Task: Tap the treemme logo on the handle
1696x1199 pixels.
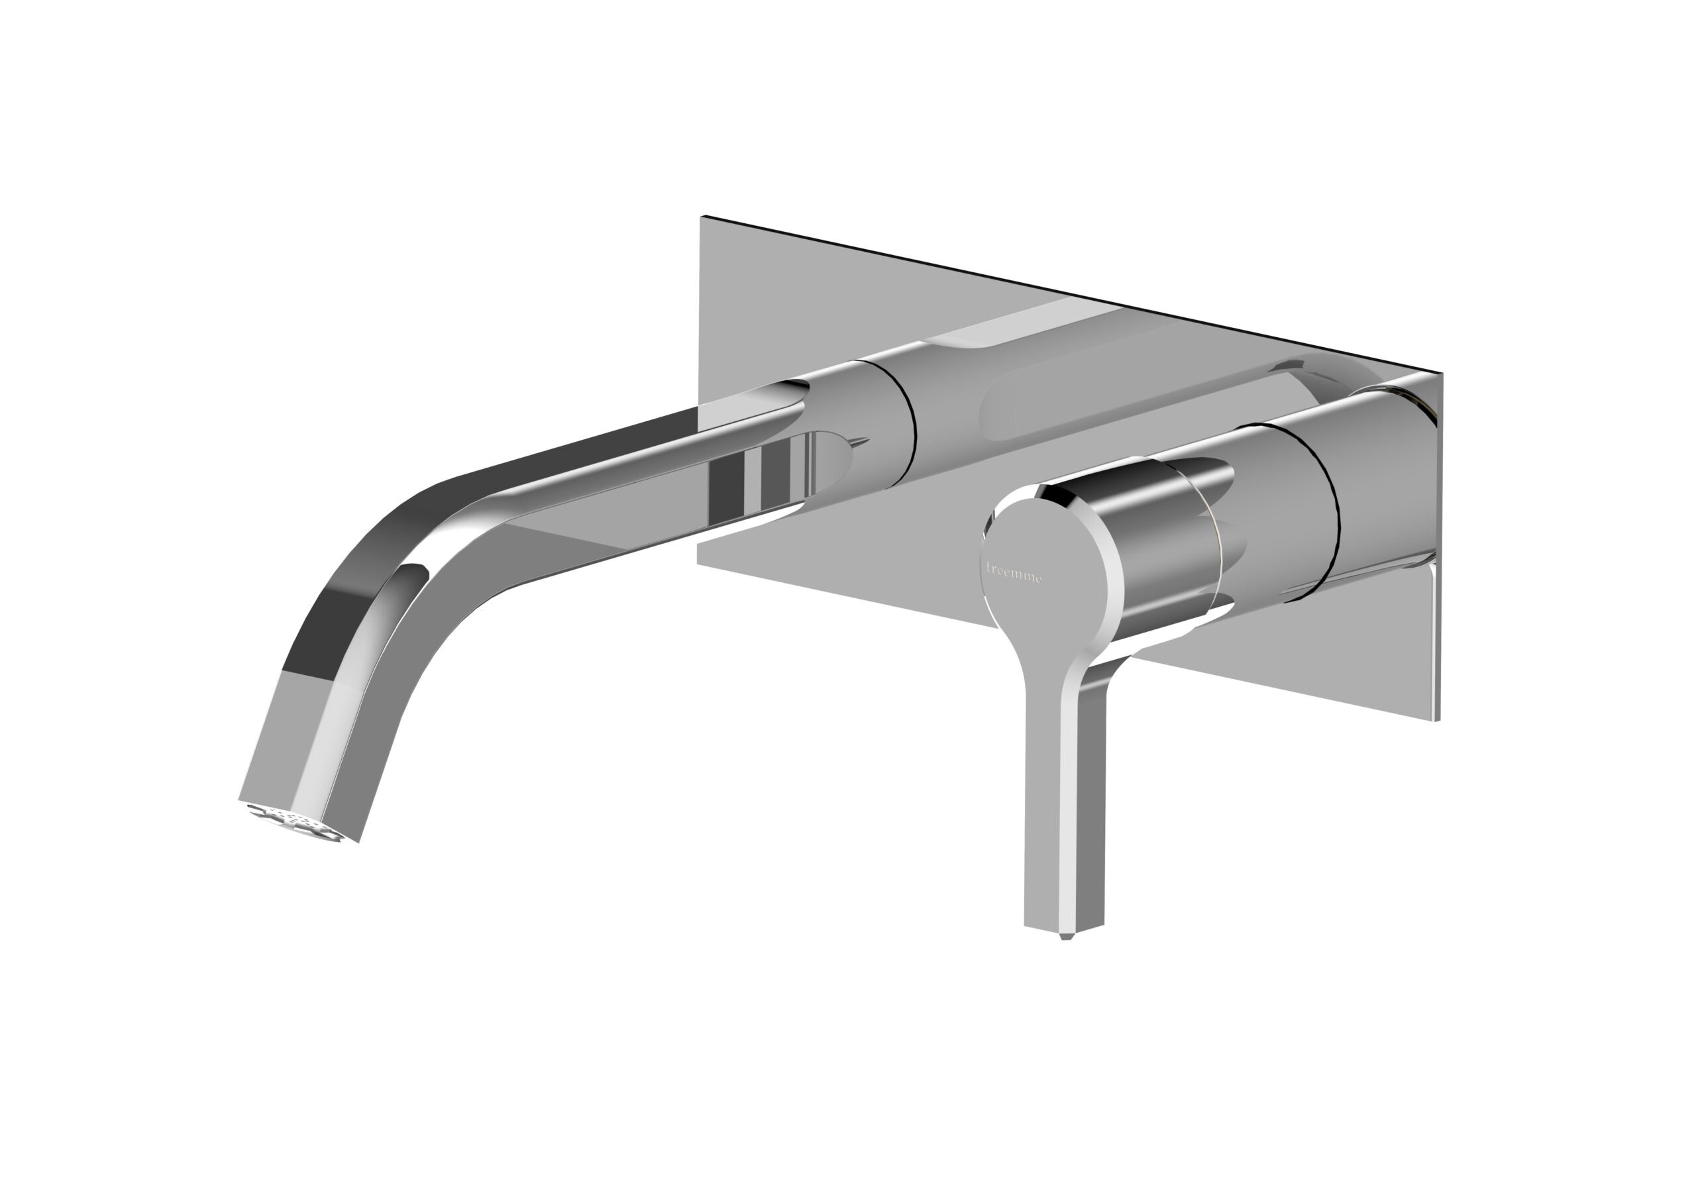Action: tap(1014, 572)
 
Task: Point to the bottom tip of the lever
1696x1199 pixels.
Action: tap(1065, 936)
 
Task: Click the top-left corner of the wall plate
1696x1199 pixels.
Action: tap(702, 217)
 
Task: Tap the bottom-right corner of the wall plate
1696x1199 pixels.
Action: tap(1438, 720)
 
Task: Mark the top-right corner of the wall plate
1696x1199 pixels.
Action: tap(1440, 374)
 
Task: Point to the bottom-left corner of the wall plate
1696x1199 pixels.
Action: tap(699, 563)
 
